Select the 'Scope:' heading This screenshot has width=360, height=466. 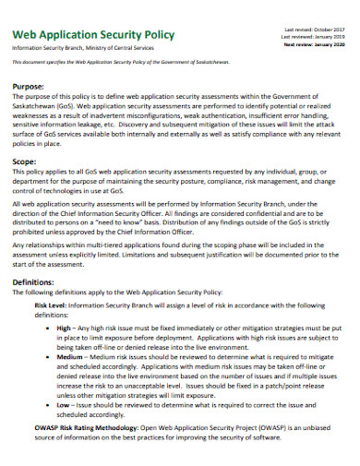tap(25, 161)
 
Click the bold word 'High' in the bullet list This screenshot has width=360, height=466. tap(64, 328)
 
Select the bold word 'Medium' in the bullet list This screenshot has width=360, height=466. tap(70, 355)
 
